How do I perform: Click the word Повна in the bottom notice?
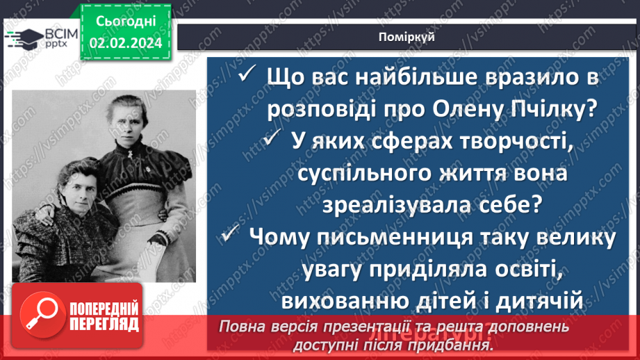243,327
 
